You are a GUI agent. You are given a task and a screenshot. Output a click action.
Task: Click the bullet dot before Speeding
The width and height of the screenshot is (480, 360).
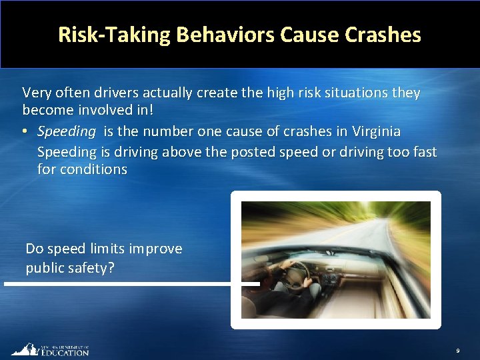click(26, 131)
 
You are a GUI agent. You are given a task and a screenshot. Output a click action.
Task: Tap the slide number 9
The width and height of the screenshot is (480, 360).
click(457, 350)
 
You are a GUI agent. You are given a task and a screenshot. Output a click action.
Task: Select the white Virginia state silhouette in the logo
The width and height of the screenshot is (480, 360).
click(25, 349)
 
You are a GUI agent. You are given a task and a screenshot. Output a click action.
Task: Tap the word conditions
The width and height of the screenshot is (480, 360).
click(93, 169)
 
